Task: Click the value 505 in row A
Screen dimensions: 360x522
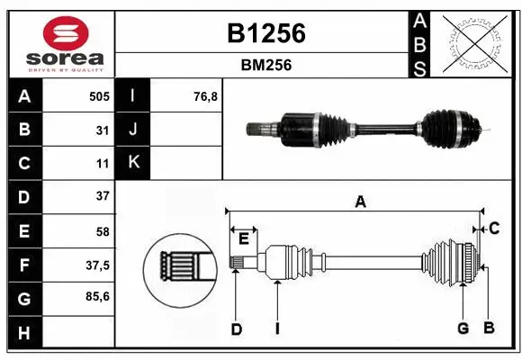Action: (98, 95)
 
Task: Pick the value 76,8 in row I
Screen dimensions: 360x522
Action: (206, 95)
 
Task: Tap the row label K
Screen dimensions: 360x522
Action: (133, 163)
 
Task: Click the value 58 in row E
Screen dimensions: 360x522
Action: (102, 230)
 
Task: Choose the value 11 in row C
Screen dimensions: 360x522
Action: (102, 163)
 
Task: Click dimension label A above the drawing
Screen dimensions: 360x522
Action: (360, 202)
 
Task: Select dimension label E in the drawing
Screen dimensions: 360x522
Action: (243, 238)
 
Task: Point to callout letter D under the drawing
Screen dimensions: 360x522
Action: (237, 329)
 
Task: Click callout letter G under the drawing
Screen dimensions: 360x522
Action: (463, 328)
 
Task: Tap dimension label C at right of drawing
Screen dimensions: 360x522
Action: (494, 229)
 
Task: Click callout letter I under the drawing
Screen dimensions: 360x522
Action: (278, 329)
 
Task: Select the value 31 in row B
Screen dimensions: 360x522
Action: (102, 130)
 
